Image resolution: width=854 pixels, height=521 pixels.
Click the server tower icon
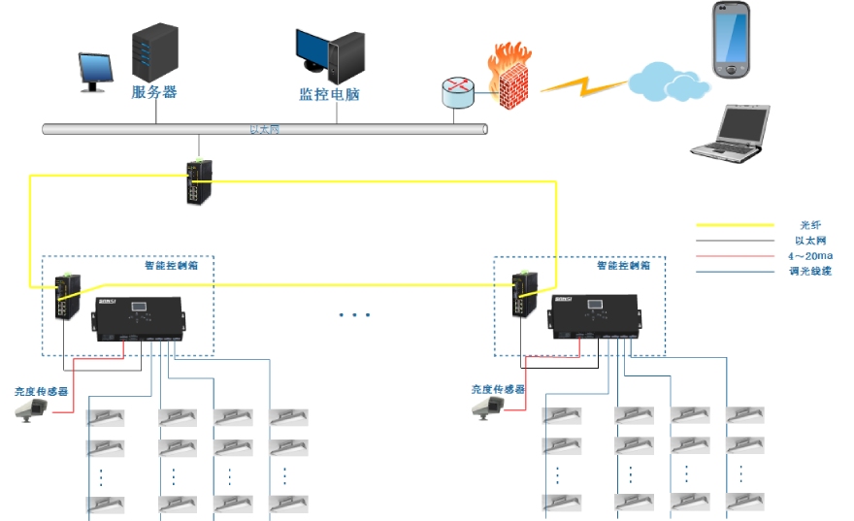155,51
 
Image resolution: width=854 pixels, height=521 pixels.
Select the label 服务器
154,93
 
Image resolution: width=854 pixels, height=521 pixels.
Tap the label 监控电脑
329,96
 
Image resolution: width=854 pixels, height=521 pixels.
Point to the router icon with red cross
457,93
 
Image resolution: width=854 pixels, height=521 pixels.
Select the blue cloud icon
665,80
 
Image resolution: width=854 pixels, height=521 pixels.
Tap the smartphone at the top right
732,40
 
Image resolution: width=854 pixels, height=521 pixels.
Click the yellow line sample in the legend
734,225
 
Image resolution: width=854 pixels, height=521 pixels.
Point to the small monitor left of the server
93,72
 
